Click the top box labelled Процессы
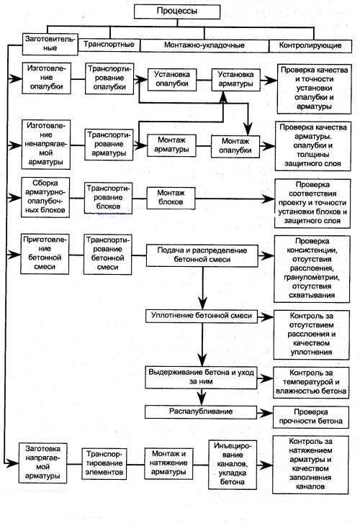point(177,12)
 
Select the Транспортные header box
point(109,45)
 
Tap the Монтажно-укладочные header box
point(204,45)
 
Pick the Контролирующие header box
point(310,46)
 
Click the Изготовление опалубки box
point(47,78)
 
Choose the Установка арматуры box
point(235,79)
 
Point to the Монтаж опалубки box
point(235,146)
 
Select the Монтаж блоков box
point(171,198)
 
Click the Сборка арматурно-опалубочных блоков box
point(45,197)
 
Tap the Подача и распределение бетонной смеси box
point(202,255)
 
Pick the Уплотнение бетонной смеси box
point(202,317)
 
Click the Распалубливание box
point(201,412)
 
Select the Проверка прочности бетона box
point(311,417)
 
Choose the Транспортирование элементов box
point(104,463)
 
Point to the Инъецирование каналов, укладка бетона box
point(233,464)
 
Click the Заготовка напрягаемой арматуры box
point(42,463)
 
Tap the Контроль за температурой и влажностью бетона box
point(311,383)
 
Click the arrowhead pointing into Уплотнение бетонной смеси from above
point(202,304)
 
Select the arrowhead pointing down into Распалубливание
point(201,399)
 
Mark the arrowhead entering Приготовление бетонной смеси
point(15,255)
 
